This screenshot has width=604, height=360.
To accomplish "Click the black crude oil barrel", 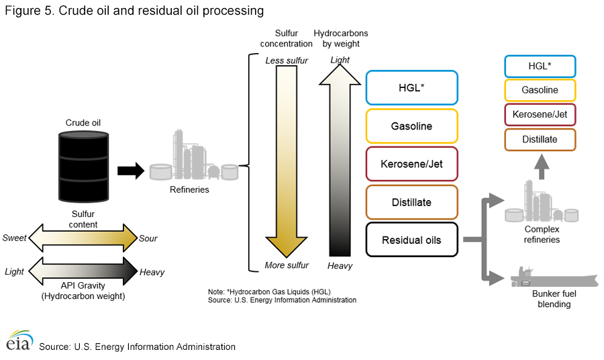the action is pos(84,166).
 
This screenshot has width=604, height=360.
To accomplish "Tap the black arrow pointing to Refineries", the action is pos(131,171).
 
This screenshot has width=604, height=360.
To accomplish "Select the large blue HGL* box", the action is pos(412,88).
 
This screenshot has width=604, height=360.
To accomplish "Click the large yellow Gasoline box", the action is pos(412,126).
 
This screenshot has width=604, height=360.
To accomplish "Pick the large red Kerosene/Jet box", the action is pos(412,164).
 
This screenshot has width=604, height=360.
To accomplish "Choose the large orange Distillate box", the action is pos(412,202).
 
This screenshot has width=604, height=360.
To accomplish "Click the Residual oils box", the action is pos(412,240).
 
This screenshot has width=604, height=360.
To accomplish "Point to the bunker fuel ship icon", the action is pos(554,277).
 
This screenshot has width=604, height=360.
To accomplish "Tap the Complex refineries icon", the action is pos(542,201).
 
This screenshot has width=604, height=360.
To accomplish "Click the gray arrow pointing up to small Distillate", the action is pos(542,167).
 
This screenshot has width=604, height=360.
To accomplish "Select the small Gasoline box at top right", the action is pos(540,90).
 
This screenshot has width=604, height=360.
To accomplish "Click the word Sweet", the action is pos(14,238).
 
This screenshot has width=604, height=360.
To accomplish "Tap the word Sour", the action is pos(148,238).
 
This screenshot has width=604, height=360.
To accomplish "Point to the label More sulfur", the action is pos(287,265).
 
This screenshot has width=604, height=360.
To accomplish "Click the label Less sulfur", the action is pos(287,60).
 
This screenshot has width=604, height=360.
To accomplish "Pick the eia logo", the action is pos(19,341).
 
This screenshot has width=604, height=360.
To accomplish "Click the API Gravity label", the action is pos(83,285).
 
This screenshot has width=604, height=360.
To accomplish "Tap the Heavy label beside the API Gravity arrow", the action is pos(152,273).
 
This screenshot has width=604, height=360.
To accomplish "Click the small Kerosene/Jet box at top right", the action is pos(540,114).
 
